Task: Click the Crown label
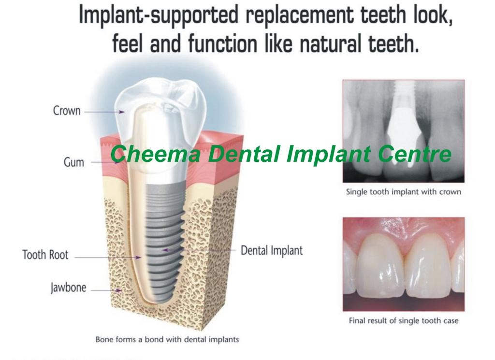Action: coord(67,111)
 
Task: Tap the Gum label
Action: coord(74,162)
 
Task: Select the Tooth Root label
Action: coord(45,255)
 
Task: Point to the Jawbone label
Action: coord(68,288)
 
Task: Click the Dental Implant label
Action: coord(272,250)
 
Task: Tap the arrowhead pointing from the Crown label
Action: coord(122,112)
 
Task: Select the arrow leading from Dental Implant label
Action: coord(199,250)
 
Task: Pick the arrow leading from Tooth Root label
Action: coord(108,258)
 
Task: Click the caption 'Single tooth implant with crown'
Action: coord(404,192)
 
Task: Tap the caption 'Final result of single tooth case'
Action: coord(404,320)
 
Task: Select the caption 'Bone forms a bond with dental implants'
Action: coord(167,340)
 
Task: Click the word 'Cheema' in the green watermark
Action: coord(155,154)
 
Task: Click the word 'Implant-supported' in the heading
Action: coord(159,15)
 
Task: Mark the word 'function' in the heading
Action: coord(222,43)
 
